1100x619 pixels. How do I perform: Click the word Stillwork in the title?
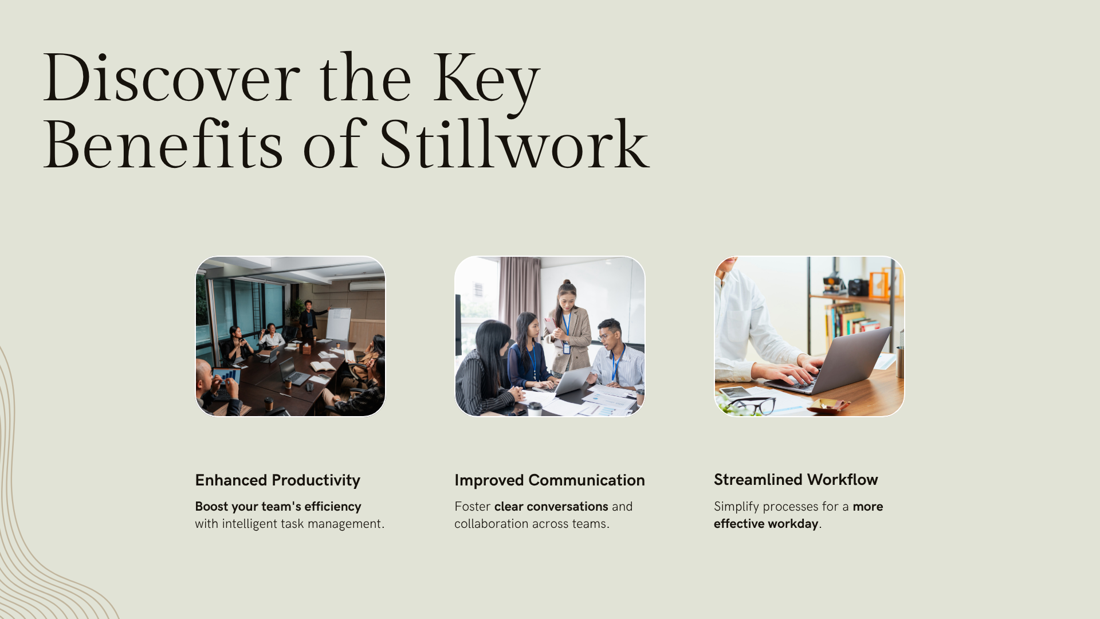[514, 144]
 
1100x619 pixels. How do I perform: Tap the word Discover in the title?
[171, 79]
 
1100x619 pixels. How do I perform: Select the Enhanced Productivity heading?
[277, 480]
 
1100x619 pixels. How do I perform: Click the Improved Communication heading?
[549, 480]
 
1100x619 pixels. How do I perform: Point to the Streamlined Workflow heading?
[795, 480]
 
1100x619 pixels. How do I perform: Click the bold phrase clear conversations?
[551, 507]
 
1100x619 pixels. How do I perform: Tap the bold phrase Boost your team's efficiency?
[278, 507]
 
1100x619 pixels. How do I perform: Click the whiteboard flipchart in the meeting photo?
[338, 324]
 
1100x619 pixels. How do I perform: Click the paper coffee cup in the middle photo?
[535, 408]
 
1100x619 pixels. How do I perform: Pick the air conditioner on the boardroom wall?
[367, 286]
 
